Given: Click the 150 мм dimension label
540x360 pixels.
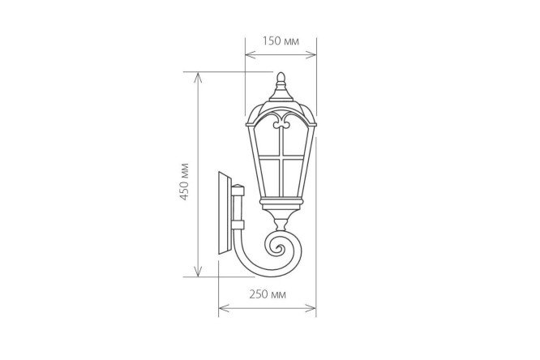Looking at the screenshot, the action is tap(281, 41).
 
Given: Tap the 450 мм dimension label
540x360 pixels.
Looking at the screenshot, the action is tap(184, 181).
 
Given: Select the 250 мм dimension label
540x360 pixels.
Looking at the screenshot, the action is tap(268, 294).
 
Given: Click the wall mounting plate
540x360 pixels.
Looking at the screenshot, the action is tap(225, 212).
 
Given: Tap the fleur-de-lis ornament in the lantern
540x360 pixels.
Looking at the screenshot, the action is tap(281, 122).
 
